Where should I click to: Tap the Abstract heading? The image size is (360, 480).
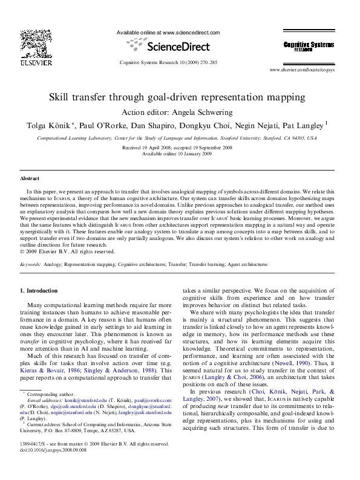tap(30, 179)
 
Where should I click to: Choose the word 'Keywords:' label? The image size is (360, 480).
tap(31, 265)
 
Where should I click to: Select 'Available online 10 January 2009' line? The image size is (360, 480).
tap(177, 154)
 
